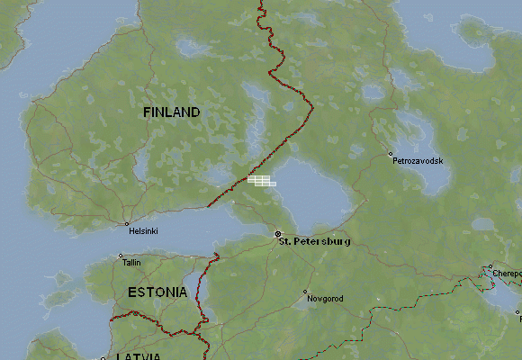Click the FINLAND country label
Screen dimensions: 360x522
click(x=171, y=112)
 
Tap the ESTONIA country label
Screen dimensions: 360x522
click(x=157, y=292)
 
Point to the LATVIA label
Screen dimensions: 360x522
click(x=139, y=356)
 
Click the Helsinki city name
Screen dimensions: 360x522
click(x=143, y=231)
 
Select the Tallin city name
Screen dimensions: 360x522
click(x=131, y=263)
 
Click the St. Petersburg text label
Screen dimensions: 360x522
click(x=314, y=242)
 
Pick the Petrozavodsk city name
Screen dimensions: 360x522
click(x=418, y=160)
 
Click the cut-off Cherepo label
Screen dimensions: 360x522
click(x=506, y=273)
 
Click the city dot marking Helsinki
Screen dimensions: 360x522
click(x=127, y=223)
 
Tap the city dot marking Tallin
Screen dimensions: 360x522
click(x=121, y=256)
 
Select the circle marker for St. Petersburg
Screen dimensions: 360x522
click(x=277, y=234)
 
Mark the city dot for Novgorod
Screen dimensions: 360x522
click(x=305, y=292)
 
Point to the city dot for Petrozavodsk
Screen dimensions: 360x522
click(x=390, y=153)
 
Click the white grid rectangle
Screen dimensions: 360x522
click(x=261, y=181)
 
